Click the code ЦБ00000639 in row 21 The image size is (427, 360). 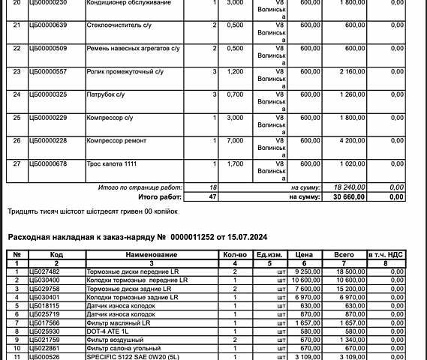[47, 26]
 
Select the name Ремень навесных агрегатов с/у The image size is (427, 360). [133, 49]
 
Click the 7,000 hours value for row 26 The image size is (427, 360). [234, 141]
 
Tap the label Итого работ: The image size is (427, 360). [160, 196]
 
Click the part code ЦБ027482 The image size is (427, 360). [43, 271]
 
